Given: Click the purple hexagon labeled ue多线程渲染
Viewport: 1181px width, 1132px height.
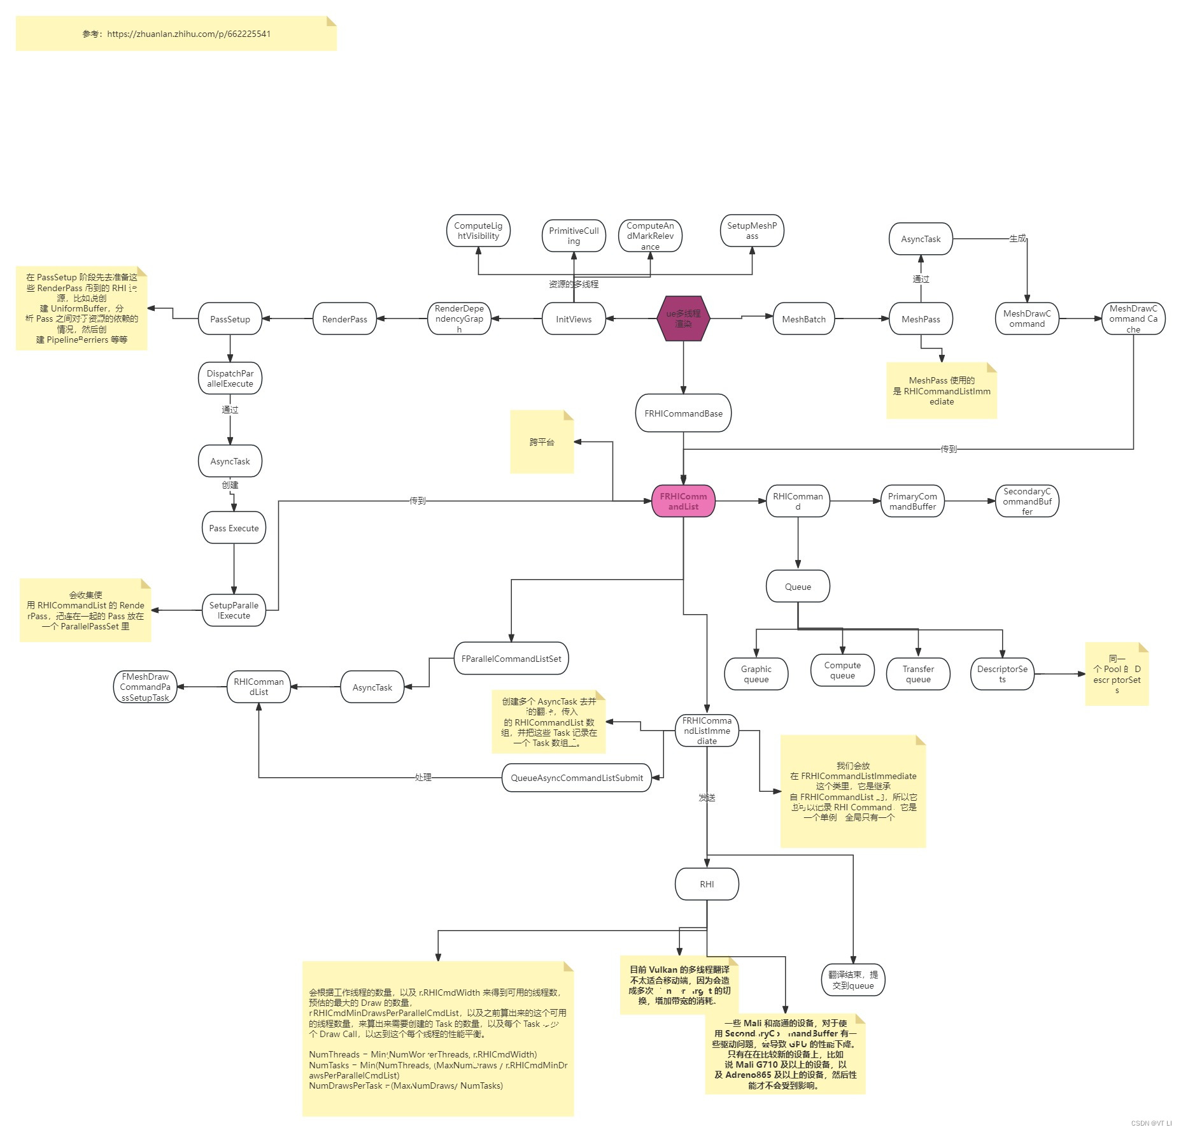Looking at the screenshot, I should coord(683,319).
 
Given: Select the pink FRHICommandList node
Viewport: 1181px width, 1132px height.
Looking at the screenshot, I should coord(683,501).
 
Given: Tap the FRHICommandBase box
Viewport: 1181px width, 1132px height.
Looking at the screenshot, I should coord(683,413).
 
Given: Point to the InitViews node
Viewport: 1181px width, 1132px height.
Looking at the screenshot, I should coord(574,319).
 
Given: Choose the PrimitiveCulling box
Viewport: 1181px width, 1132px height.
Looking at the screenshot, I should coord(574,236).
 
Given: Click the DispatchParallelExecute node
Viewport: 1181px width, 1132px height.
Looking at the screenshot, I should coord(230,378).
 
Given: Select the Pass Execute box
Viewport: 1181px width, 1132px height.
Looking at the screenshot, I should coord(234,528).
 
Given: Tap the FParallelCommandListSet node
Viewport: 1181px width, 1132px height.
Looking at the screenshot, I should coord(511,659).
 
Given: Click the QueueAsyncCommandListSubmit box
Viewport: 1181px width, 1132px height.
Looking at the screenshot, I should coord(577,778).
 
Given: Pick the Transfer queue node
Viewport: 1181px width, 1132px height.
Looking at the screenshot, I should coord(918,674).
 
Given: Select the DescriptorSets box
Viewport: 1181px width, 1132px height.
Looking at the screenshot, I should coord(1002,674).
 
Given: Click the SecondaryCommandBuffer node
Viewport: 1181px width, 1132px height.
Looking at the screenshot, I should coord(1027,501).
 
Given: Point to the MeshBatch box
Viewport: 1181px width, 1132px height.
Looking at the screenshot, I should coord(803,319).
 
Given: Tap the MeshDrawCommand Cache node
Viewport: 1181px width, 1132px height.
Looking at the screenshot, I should coord(1133,319).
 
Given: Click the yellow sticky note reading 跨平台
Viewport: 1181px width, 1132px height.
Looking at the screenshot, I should coord(542,442).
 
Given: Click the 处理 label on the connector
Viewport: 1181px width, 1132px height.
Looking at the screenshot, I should coord(423,777).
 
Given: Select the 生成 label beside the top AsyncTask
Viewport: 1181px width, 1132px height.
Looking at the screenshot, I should coord(1017,238).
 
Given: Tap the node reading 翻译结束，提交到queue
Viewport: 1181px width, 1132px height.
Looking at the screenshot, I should coord(853,980).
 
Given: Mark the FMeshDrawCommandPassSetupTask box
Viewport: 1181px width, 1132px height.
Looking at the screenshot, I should coord(145,687).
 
